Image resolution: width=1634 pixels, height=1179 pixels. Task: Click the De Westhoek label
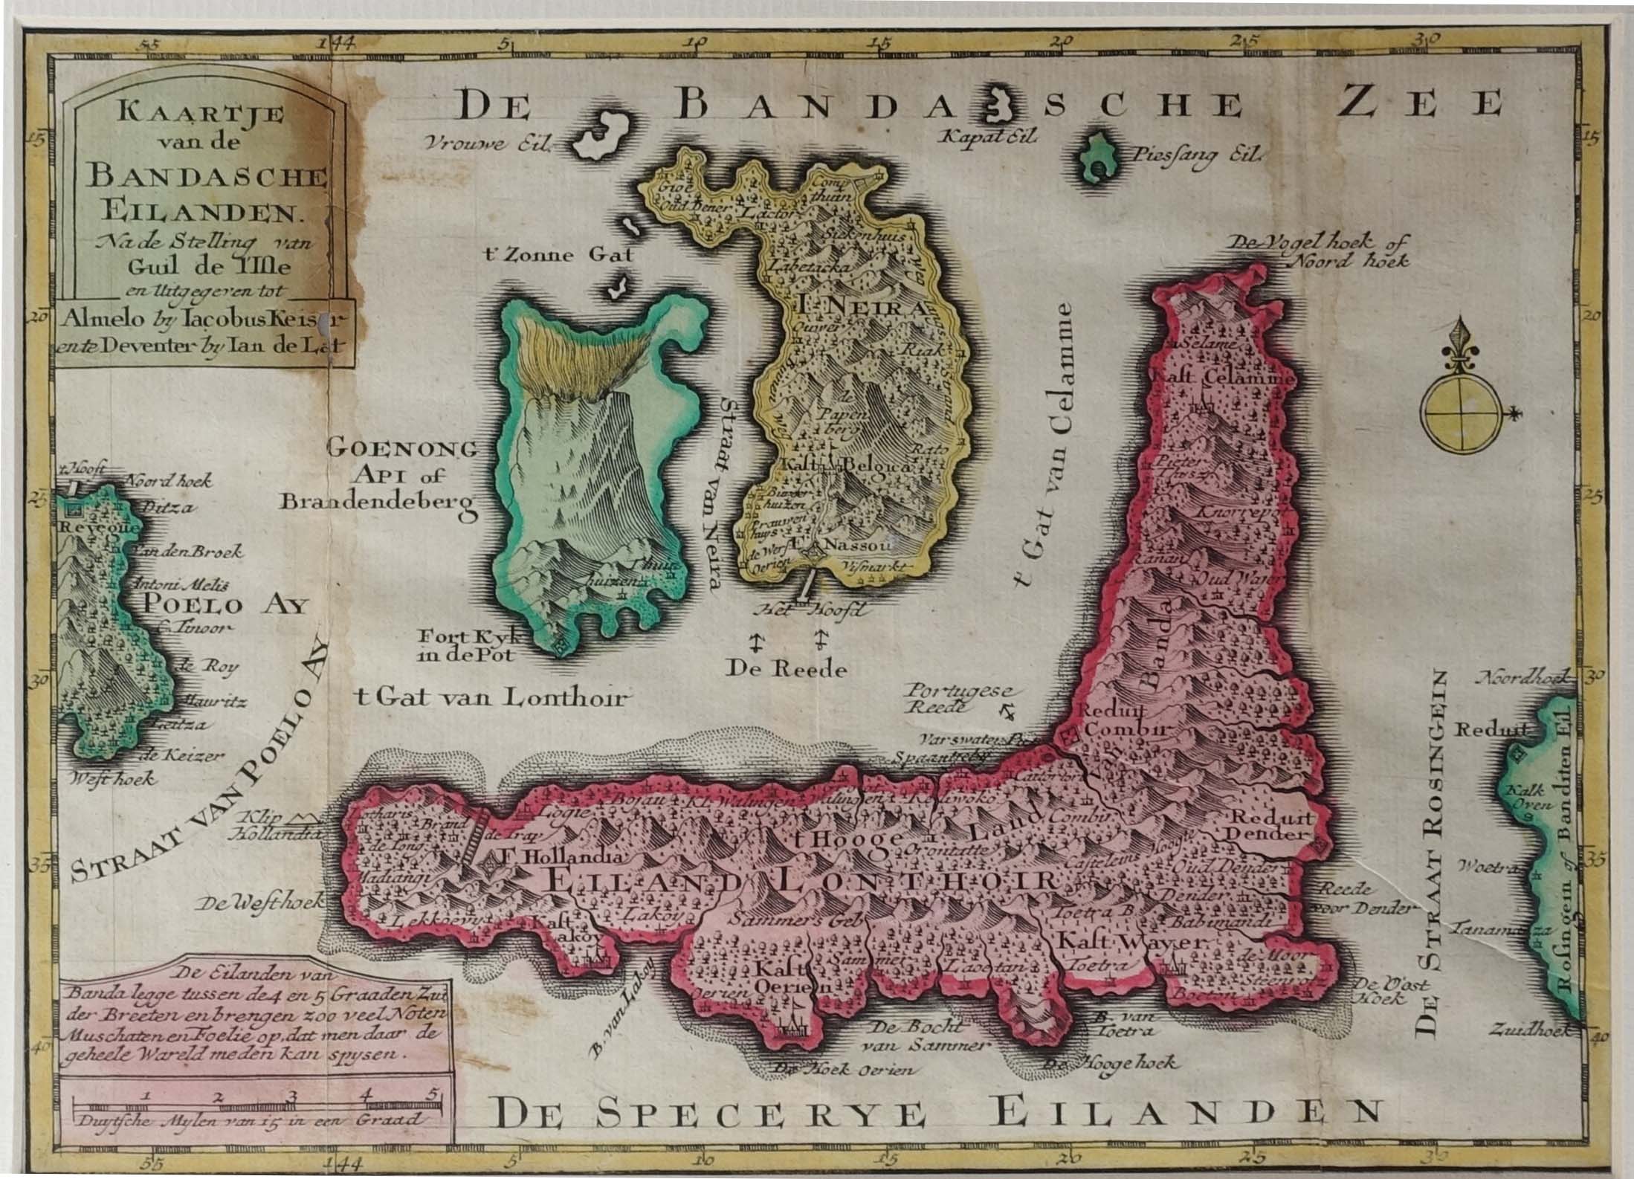(262, 901)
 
